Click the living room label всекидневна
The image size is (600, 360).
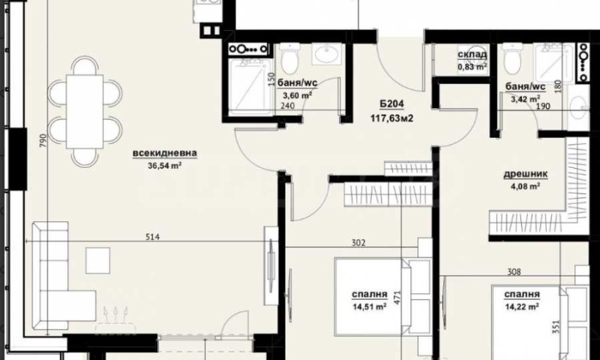pyautogui.click(x=165, y=154)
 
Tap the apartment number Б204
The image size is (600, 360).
pyautogui.click(x=391, y=104)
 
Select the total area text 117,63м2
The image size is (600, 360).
pyautogui.click(x=391, y=118)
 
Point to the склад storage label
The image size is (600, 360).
pyautogui.click(x=472, y=55)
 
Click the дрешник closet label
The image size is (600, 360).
pyautogui.click(x=525, y=174)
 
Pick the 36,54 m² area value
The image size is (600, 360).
pyautogui.click(x=164, y=166)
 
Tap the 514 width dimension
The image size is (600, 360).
pyautogui.click(x=153, y=237)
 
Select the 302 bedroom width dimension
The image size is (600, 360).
pyautogui.click(x=358, y=242)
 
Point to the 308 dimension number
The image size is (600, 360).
pyautogui.click(x=514, y=272)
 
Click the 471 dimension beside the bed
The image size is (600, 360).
pyautogui.click(x=397, y=298)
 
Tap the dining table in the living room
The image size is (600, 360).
pyautogui.click(x=85, y=112)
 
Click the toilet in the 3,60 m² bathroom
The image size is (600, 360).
pyautogui.click(x=289, y=60)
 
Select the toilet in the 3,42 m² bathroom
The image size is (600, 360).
pyautogui.click(x=512, y=59)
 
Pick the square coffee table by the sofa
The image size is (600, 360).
pyautogui.click(x=97, y=260)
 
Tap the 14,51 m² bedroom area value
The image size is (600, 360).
pyautogui.click(x=369, y=307)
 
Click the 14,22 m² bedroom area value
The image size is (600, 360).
pyautogui.click(x=522, y=307)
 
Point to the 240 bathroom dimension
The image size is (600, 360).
pyautogui.click(x=287, y=106)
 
